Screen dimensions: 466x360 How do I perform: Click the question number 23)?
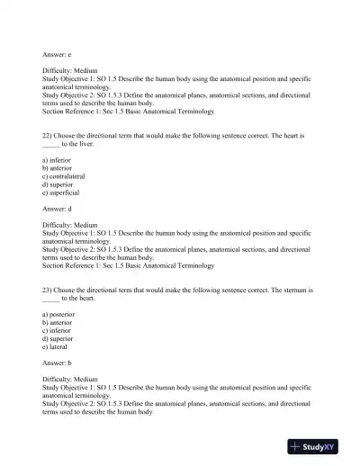click(x=48, y=291)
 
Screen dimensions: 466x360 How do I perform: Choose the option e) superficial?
click(x=61, y=193)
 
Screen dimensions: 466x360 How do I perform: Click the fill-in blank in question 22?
click(x=50, y=143)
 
